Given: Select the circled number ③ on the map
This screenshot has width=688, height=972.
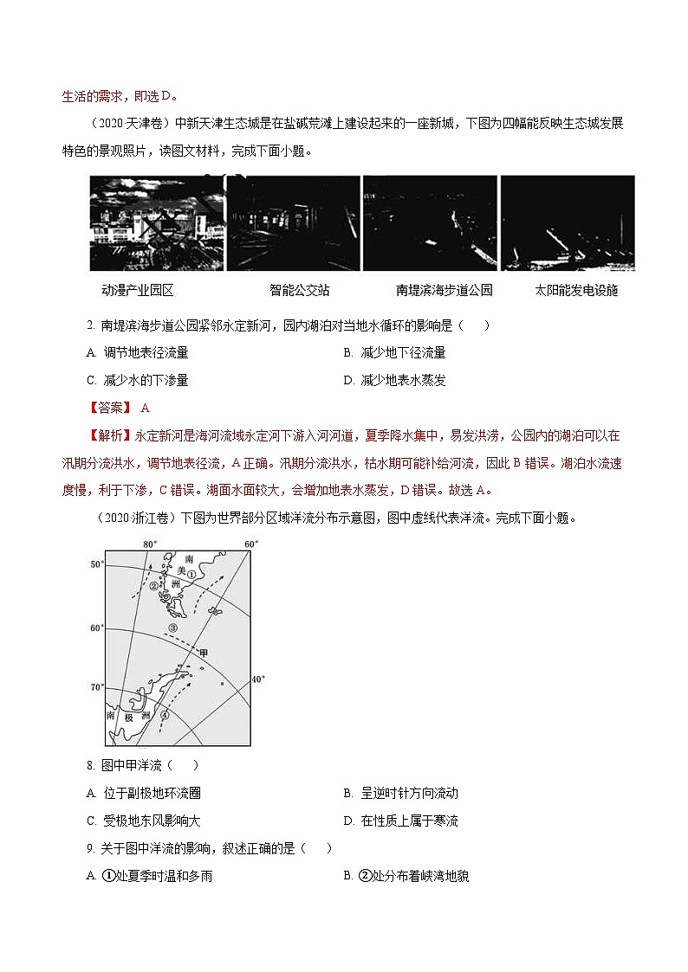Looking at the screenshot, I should [172, 628].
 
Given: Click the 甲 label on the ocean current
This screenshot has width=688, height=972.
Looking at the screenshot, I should [204, 652].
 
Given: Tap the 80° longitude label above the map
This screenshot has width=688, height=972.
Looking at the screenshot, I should [149, 544].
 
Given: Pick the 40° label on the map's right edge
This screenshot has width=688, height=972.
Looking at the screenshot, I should [256, 679].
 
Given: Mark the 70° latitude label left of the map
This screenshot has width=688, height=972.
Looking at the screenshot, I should [96, 687].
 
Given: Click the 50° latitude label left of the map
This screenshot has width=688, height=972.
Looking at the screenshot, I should [96, 564].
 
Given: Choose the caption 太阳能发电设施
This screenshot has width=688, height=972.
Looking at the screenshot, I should [577, 291].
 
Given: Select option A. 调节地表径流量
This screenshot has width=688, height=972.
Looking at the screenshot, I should [138, 352].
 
